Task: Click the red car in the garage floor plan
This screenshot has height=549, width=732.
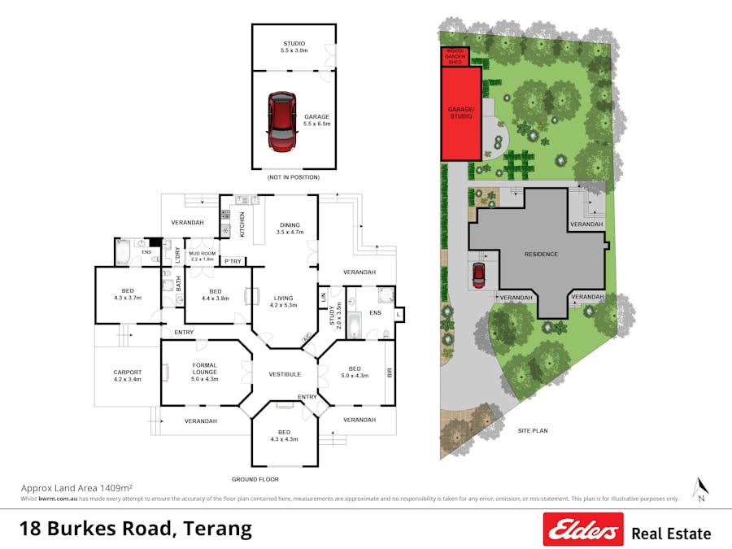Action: point(281,122)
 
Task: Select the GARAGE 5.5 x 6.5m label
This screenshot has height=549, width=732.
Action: point(316,120)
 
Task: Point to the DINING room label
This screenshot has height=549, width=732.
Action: point(290,229)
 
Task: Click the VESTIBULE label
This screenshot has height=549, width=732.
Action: point(285,374)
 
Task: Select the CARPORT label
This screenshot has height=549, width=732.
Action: point(127,376)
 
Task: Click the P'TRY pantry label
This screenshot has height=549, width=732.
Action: point(233,261)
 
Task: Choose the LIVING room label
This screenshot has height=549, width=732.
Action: point(284,302)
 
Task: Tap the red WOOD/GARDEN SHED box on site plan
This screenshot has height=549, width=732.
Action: point(455,56)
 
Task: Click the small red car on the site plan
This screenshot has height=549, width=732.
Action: point(478,275)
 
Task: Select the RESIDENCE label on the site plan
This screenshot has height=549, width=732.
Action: point(541,255)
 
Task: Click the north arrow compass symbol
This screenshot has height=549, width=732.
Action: point(700,487)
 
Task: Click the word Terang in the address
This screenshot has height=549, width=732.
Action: point(217,529)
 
